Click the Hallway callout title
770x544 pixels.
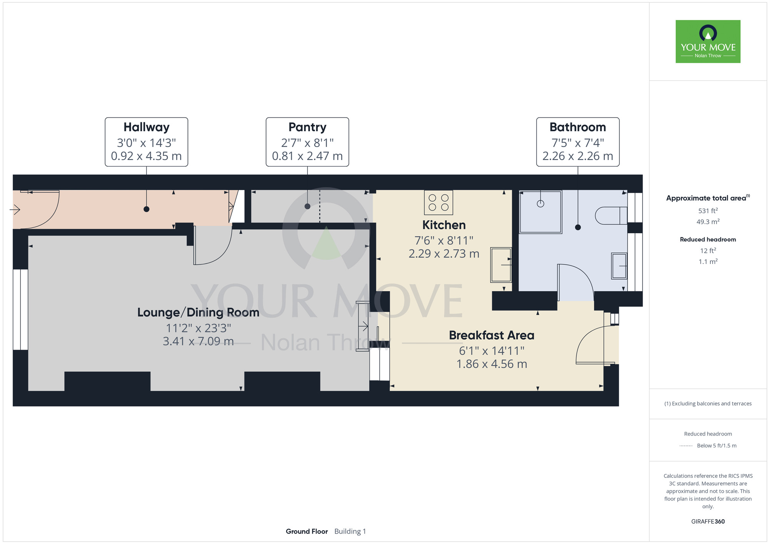pos(146,127)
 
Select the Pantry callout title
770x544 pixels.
pos(307,127)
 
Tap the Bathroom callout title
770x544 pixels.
pos(577,127)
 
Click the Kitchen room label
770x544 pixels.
pos(444,225)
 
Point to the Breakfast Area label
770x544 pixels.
pos(492,335)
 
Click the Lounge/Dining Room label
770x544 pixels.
pos(198,312)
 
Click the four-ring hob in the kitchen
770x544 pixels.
pos(439,202)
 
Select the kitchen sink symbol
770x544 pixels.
pos(501,265)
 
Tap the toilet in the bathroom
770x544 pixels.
pos(611,215)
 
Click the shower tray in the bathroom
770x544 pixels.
pos(541,212)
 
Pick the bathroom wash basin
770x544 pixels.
pos(619,266)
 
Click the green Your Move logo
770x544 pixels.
pos(708,42)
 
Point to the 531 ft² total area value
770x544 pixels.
pos(708,211)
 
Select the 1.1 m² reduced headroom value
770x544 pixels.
pos(708,262)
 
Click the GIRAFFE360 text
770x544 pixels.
pos(708,522)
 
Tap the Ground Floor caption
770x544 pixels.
pos(307,531)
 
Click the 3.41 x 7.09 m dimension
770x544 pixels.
pos(198,341)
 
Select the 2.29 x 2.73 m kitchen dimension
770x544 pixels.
pos(444,254)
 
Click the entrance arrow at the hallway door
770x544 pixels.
pos(15,210)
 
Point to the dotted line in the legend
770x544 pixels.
pos(686,446)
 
